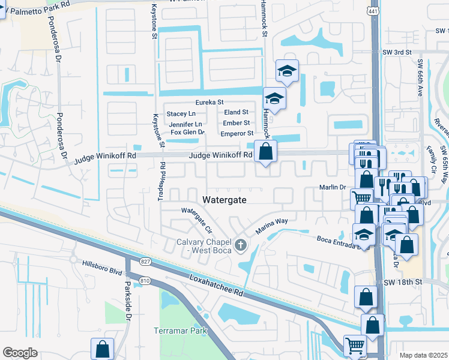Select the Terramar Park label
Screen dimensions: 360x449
180,331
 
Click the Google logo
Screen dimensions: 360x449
20,353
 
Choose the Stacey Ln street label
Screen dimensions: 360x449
181,113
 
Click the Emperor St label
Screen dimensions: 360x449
237,134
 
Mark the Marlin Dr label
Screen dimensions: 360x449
334,187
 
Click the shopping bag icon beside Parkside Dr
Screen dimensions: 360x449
103,348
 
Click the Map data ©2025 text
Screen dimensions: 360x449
424,355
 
